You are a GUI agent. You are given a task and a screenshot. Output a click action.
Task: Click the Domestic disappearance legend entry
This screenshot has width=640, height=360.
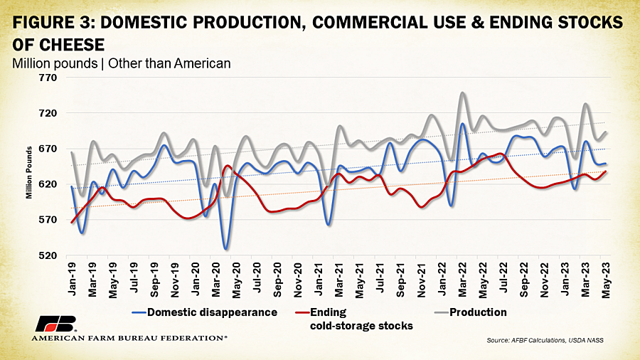pyautogui.click(x=205, y=312)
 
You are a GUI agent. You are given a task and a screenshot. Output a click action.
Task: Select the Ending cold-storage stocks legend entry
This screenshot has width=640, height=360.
pyautogui.click(x=353, y=319)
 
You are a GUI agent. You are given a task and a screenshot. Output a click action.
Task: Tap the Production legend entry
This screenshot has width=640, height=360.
pyautogui.click(x=470, y=312)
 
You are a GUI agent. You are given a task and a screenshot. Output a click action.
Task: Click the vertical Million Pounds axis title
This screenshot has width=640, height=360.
pyautogui.click(x=29, y=173)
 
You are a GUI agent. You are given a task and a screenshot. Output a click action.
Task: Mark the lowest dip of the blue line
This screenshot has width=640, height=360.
pyautogui.click(x=225, y=248)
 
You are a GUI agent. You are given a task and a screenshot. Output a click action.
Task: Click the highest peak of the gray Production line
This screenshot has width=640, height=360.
pyautogui.click(x=462, y=92)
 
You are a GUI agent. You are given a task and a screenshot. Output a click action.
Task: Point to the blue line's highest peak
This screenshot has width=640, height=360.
pyautogui.click(x=462, y=124)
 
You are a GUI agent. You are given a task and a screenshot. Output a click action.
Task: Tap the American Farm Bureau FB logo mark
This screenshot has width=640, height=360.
pyautogui.click(x=56, y=324)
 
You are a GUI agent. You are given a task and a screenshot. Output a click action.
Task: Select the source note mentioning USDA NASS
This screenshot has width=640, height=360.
pyautogui.click(x=545, y=340)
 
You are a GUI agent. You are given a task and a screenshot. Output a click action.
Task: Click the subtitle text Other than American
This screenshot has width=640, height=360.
pyautogui.click(x=169, y=63)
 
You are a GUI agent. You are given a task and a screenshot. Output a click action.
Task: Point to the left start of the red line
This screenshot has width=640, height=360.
pyautogui.click(x=72, y=223)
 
